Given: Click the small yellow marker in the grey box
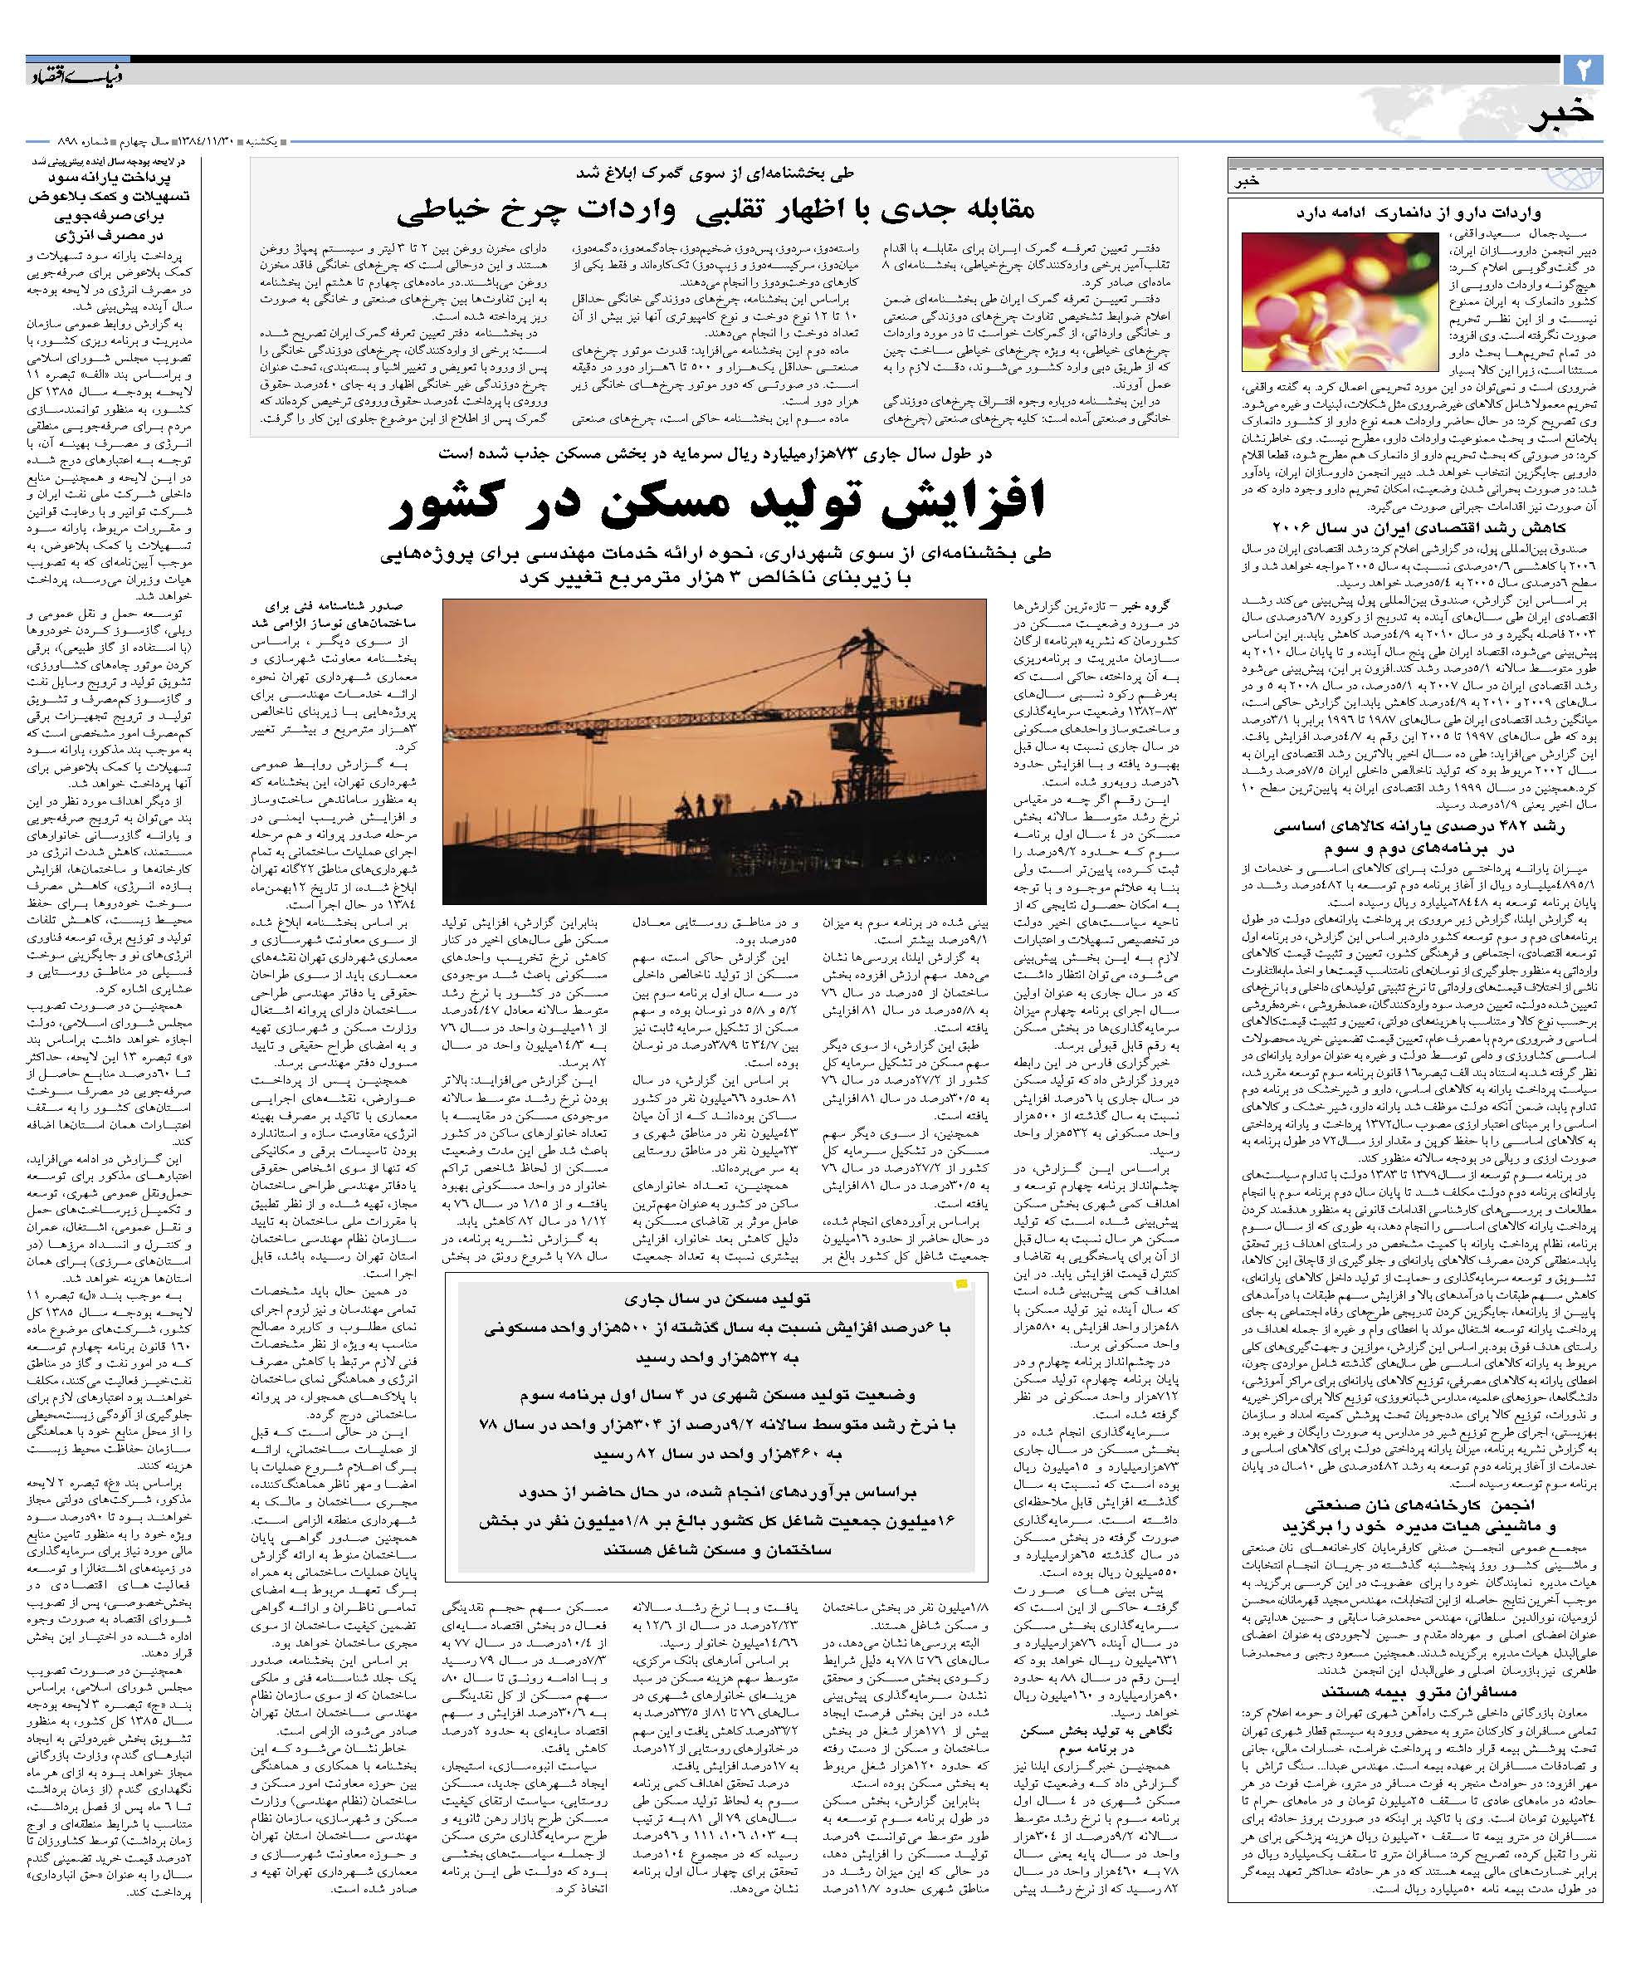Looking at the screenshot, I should [960, 1285].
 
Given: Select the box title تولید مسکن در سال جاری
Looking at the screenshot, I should [715, 1299].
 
